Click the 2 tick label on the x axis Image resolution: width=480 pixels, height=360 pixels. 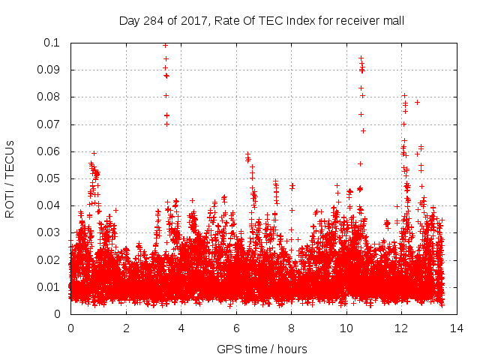pyautogui.click(x=126, y=328)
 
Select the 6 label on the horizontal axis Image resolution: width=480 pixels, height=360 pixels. pyautogui.click(x=236, y=328)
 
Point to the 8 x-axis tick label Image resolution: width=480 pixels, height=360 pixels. pyautogui.click(x=292, y=328)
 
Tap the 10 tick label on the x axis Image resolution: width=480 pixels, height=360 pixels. pyautogui.click(x=346, y=328)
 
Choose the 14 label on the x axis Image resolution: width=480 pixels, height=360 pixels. pyautogui.click(x=457, y=328)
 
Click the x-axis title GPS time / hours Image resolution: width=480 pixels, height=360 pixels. pyautogui.click(x=262, y=349)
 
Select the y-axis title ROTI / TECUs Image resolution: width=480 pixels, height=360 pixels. pyautogui.click(x=10, y=178)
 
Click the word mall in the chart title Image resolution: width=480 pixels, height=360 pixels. pyautogui.click(x=394, y=20)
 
